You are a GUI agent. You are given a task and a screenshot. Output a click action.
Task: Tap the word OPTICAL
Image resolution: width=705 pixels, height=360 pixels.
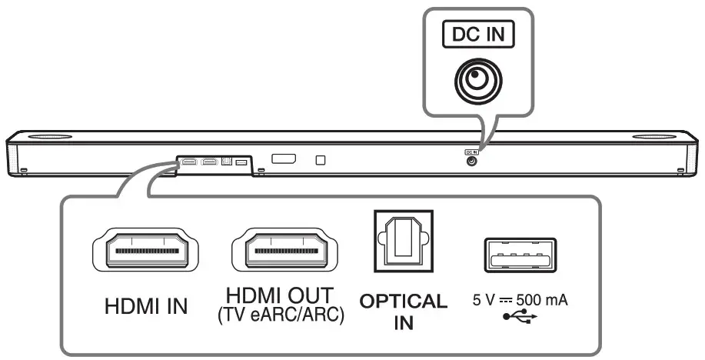[404, 301]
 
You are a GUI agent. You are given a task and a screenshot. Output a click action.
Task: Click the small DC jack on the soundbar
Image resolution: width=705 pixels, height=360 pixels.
[471, 160]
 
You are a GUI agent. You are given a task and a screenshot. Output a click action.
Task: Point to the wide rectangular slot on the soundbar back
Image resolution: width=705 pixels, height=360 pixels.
[284, 159]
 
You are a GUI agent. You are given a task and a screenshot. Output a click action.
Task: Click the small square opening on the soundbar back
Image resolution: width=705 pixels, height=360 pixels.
[321, 160]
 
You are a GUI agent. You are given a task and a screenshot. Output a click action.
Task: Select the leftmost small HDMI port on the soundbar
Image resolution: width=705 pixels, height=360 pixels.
[189, 162]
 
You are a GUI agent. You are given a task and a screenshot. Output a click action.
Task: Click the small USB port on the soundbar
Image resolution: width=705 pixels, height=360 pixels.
[241, 162]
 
